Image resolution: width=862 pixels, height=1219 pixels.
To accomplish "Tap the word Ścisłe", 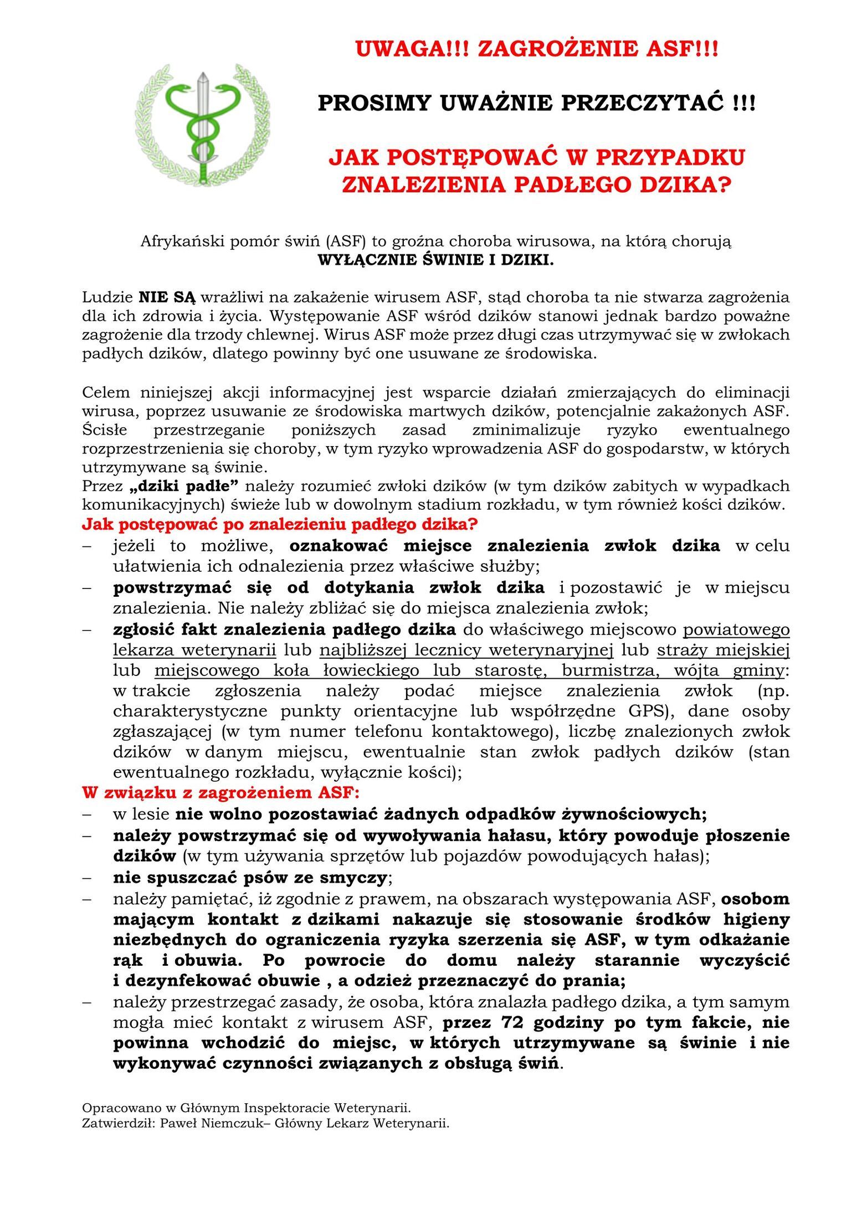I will click(x=105, y=430).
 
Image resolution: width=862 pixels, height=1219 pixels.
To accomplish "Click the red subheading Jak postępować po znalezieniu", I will click(x=280, y=523).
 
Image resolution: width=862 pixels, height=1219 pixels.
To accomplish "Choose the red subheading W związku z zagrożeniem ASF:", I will click(x=221, y=793).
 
